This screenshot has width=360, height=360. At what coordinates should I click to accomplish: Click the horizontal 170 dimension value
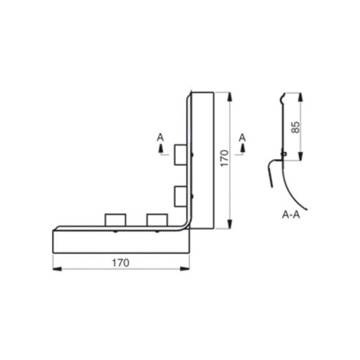coord(121,262)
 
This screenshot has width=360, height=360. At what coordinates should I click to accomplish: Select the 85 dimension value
coord(296,127)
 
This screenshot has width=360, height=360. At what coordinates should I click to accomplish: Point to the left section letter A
coord(160,136)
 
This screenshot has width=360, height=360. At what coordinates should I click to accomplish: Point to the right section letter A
coord(243,136)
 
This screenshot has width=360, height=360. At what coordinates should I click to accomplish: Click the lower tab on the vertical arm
coord(180,194)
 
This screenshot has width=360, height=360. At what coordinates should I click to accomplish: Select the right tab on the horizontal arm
coord(155,220)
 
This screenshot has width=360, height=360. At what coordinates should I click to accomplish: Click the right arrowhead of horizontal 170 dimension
coord(188,269)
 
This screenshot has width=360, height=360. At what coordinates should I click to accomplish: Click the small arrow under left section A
coord(160,148)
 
